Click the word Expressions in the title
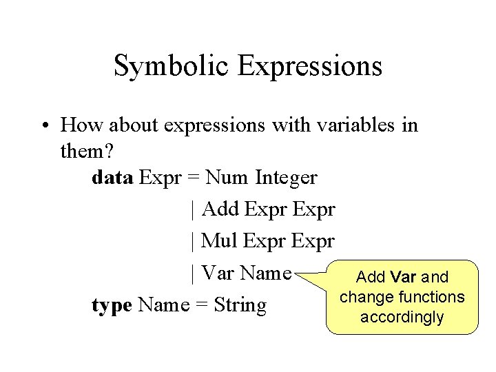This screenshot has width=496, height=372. pos(309,66)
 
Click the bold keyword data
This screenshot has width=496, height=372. pos(112,177)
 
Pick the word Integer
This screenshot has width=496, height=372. pos(286,178)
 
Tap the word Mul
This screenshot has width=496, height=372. pos(220,240)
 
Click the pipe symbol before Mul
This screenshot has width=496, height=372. pos(192,241)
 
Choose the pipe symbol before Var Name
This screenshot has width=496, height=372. pos(192,273)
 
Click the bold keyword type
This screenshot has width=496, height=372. pos(112,305)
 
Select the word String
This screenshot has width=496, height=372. pos(240,304)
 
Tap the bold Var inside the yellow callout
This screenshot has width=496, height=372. pos(403,278)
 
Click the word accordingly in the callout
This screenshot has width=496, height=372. pos(402,318)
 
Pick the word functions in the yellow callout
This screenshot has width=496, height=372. pos(432,297)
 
